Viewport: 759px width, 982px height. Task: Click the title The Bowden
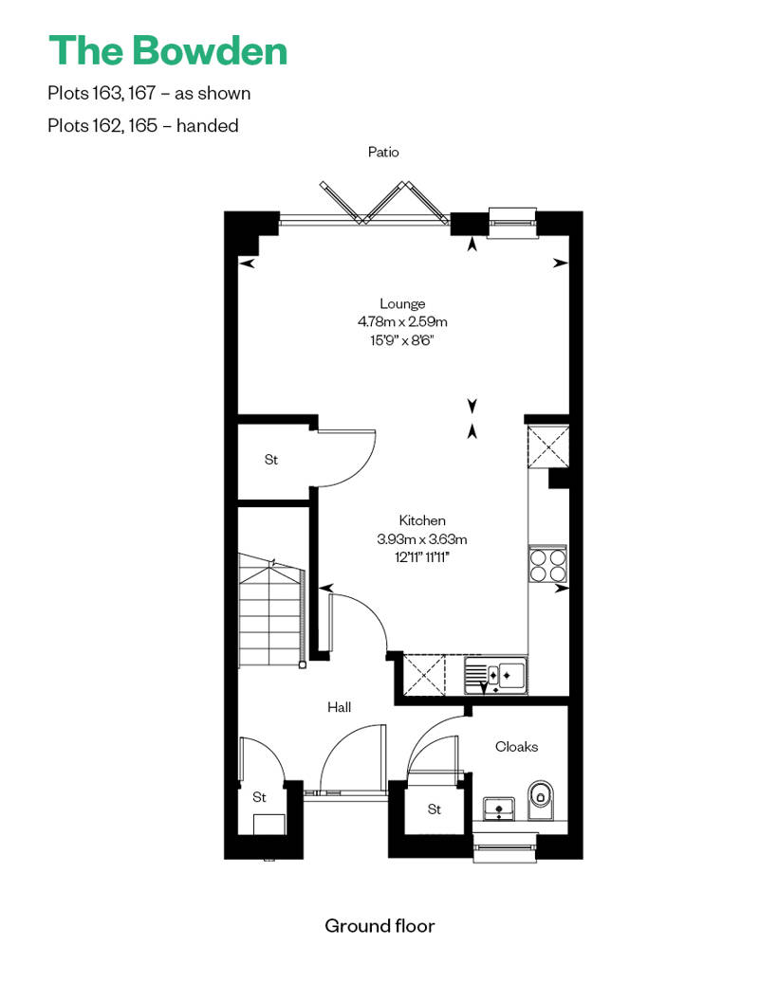168,51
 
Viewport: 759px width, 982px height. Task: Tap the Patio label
383,153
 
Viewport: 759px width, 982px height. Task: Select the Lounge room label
402,303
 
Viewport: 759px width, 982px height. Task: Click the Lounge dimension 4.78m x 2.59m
402,322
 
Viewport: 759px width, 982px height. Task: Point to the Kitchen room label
422,520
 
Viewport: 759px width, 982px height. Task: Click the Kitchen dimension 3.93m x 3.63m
422,539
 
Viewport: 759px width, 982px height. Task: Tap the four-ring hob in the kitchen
547,564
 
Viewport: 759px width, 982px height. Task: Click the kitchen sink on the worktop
496,675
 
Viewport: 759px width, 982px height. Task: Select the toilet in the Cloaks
541,799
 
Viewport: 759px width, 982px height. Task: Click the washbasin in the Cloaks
498,809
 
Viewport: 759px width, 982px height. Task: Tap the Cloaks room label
516,747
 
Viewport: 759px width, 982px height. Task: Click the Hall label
339,707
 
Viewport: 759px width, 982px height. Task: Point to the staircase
271,610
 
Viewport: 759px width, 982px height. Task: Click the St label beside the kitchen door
270,460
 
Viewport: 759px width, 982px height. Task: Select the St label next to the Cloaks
434,809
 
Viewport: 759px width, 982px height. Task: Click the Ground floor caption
379,926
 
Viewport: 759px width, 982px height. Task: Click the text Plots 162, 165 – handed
143,126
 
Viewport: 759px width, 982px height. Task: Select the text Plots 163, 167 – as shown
149,93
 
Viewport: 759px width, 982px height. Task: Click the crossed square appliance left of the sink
424,675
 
